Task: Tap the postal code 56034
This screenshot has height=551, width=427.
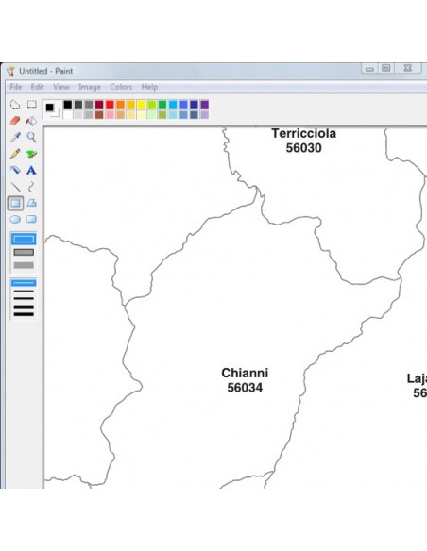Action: click(244, 388)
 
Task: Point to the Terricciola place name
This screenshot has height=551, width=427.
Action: click(303, 134)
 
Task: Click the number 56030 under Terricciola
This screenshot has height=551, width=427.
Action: click(303, 148)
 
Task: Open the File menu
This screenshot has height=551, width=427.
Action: click(15, 87)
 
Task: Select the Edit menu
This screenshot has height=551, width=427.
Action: click(37, 87)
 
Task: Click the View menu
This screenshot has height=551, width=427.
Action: click(60, 87)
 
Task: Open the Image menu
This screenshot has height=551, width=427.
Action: click(90, 87)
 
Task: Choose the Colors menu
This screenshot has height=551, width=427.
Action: click(121, 87)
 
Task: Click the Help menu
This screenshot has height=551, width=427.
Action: click(149, 87)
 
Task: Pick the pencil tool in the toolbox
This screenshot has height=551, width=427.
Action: click(15, 154)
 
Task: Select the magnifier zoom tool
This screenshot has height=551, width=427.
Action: click(31, 137)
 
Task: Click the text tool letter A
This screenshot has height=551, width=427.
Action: click(31, 171)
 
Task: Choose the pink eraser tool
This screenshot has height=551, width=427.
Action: click(15, 121)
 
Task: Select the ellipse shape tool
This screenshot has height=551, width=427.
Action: click(15, 219)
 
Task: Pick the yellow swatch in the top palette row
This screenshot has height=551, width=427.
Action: click(142, 105)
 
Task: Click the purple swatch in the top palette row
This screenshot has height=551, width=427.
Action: click(204, 105)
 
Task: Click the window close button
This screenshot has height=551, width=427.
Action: click(407, 69)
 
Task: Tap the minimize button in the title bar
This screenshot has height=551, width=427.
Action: click(369, 69)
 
